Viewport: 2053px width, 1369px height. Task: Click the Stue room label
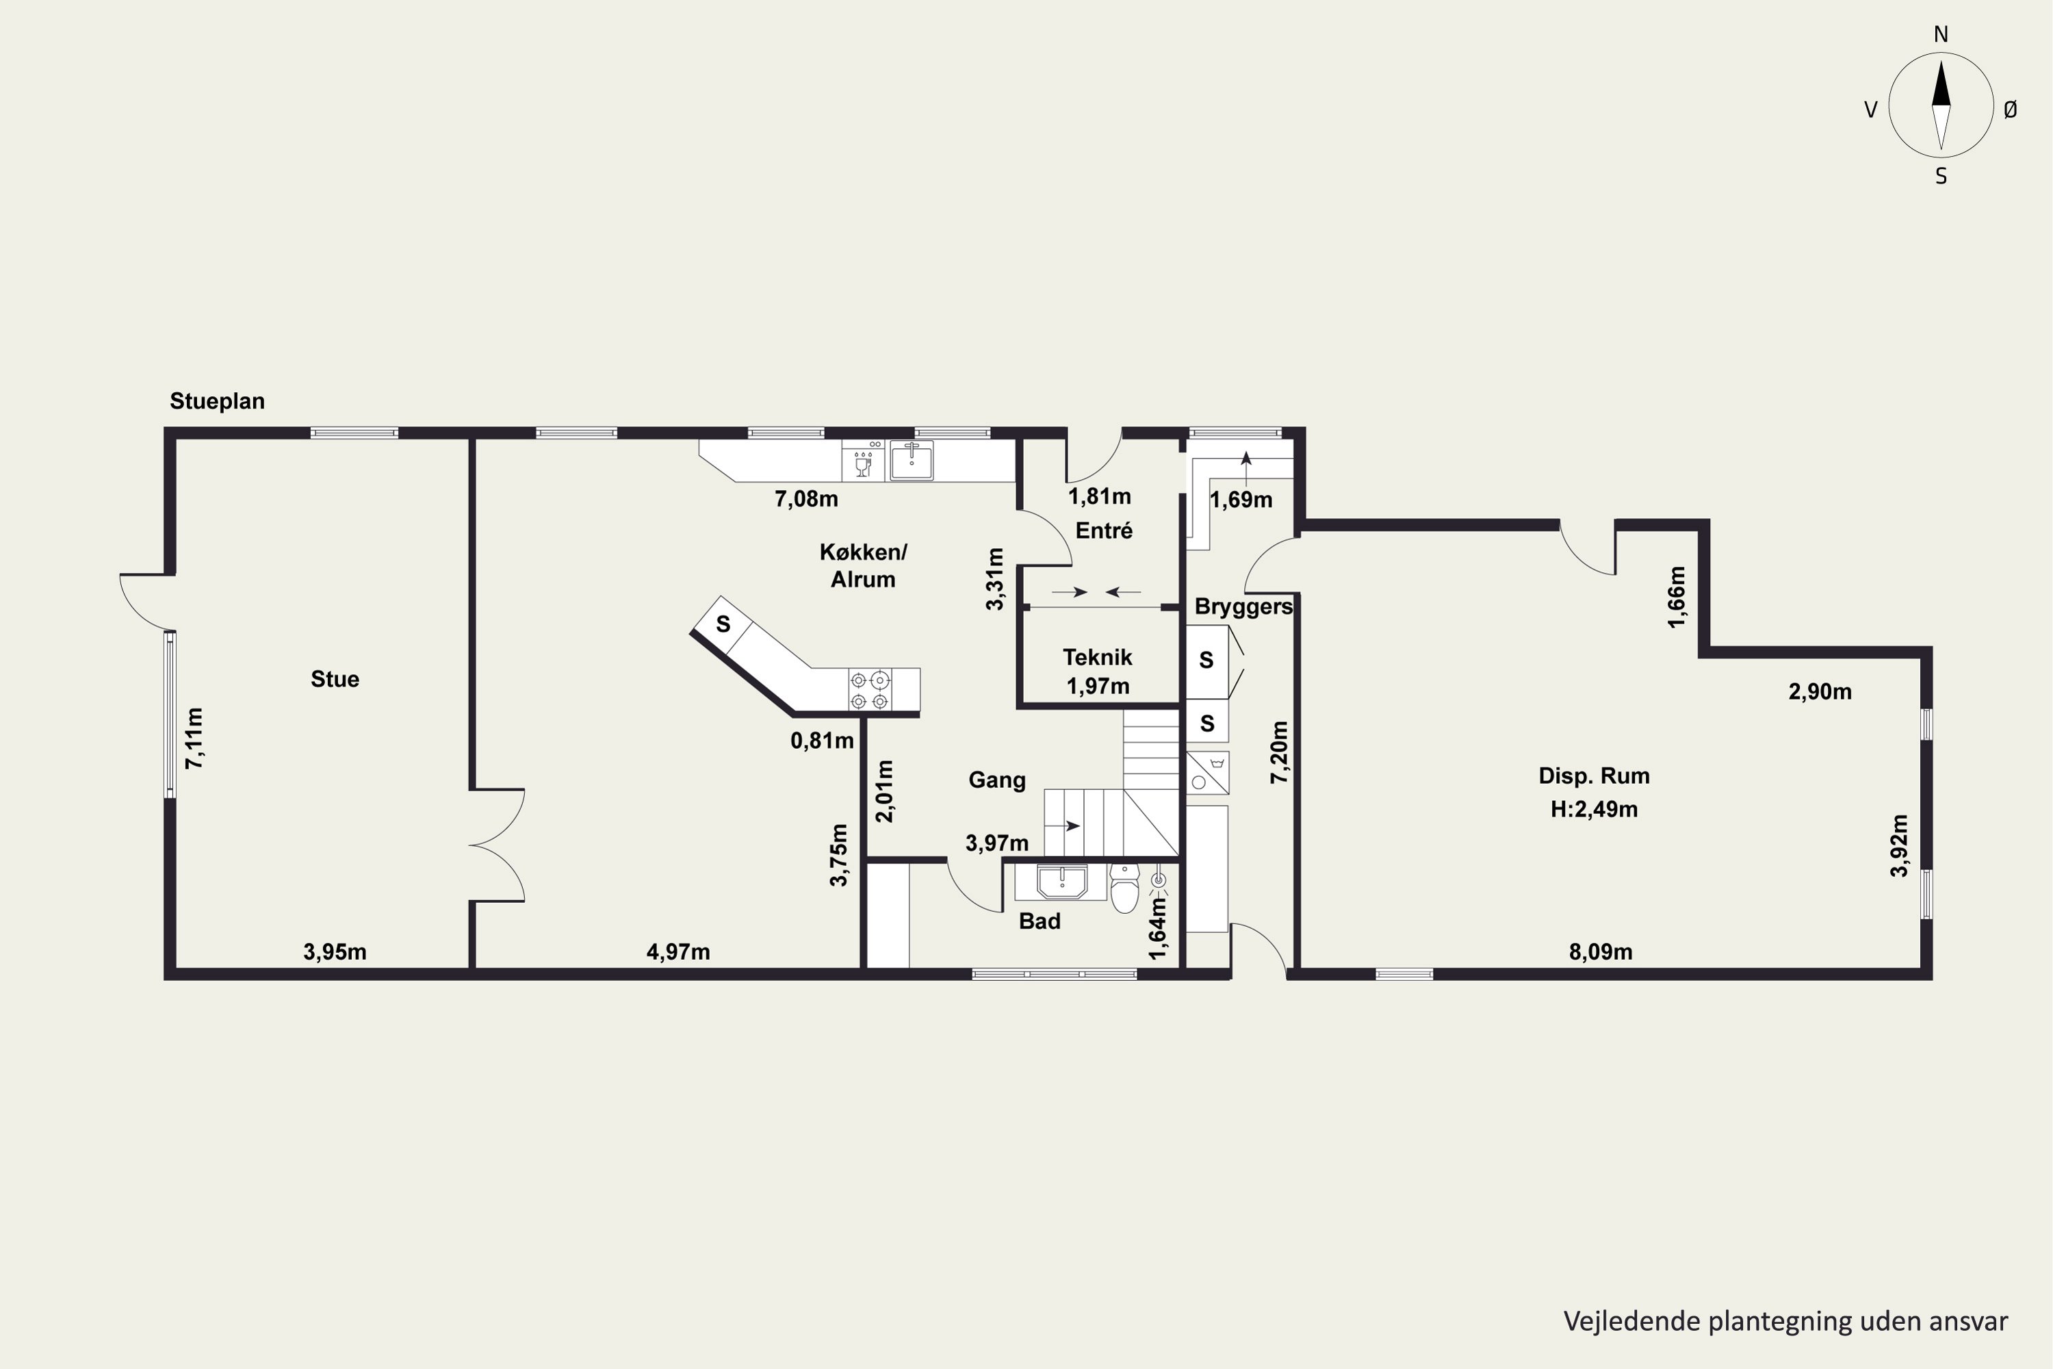coord(335,679)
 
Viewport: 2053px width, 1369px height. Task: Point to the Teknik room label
coord(1097,657)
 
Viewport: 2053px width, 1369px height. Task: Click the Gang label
coord(997,780)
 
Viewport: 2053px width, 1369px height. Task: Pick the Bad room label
coord(1040,921)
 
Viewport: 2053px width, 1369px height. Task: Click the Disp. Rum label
coord(1594,776)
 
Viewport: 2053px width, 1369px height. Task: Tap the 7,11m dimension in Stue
coord(194,738)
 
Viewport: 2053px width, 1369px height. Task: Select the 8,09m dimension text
coord(1601,951)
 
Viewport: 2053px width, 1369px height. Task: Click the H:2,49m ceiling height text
coord(1594,809)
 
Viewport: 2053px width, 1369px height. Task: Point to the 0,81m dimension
coord(823,741)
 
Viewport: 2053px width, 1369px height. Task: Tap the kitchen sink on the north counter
coord(912,460)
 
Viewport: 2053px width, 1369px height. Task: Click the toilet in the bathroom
coord(1124,887)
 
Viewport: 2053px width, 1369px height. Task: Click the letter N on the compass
coord(1941,34)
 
